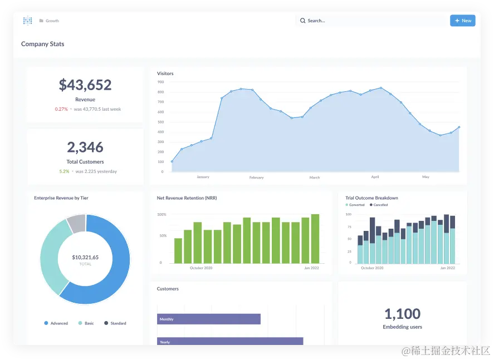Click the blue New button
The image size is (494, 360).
pyautogui.click(x=462, y=21)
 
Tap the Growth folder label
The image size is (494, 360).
pyautogui.click(x=52, y=21)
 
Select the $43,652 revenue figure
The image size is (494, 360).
pyautogui.click(x=85, y=85)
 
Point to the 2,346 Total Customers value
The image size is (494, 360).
pyautogui.click(x=85, y=147)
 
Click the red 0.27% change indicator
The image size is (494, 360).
pyautogui.click(x=61, y=109)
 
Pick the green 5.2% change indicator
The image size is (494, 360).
pyautogui.click(x=64, y=171)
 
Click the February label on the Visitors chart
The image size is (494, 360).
pyautogui.click(x=256, y=177)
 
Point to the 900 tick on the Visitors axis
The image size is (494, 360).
pyautogui.click(x=160, y=82)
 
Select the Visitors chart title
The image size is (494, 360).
pyautogui.click(x=165, y=73)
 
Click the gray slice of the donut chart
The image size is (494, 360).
pyautogui.click(x=77, y=224)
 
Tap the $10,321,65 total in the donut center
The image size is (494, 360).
pyautogui.click(x=85, y=257)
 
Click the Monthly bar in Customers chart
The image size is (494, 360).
pyautogui.click(x=209, y=319)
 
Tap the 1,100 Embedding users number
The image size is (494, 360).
pyautogui.click(x=403, y=313)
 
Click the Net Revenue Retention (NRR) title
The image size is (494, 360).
pyautogui.click(x=187, y=198)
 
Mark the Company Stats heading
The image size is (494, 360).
pyautogui.click(x=42, y=44)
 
